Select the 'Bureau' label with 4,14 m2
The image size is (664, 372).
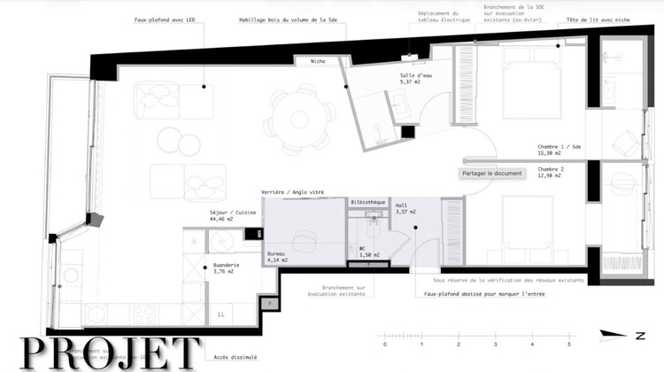pyautogui.click(x=277, y=254)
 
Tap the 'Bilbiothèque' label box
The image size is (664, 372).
pyautogui.click(x=368, y=202)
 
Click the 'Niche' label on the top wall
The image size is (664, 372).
pyautogui.click(x=318, y=61)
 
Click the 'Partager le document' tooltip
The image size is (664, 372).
pyautogui.click(x=492, y=174)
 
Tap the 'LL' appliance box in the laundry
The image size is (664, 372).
pyautogui.click(x=220, y=314)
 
